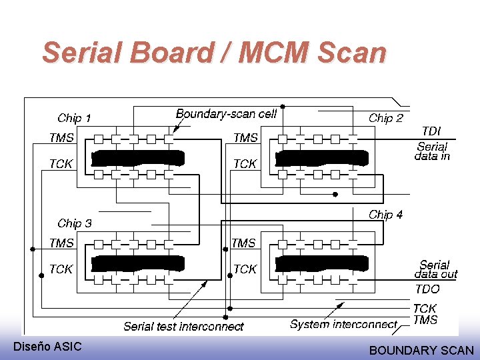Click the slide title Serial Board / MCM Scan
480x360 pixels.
pyautogui.click(x=214, y=52)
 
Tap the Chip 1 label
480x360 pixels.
pyautogui.click(x=74, y=118)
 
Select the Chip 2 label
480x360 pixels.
pyautogui.click(x=385, y=118)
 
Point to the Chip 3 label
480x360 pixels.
pyautogui.click(x=74, y=223)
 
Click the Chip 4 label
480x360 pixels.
pyautogui.click(x=385, y=215)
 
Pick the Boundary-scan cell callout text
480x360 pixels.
pyautogui.click(x=226, y=114)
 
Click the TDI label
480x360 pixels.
pyautogui.click(x=431, y=132)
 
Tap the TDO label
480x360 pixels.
pyautogui.click(x=427, y=289)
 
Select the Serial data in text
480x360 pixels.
pyautogui.click(x=432, y=151)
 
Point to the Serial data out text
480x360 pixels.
pyautogui.click(x=436, y=269)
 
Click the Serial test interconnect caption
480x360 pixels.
pyautogui.click(x=183, y=327)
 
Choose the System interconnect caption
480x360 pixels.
pyautogui.click(x=343, y=325)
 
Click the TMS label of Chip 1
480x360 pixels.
pyautogui.click(x=61, y=138)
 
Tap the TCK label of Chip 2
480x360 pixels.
pyautogui.click(x=245, y=163)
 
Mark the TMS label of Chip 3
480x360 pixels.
pyautogui.click(x=61, y=243)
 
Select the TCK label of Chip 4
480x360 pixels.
pyautogui.click(x=245, y=269)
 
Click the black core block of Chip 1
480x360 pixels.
pyautogui.click(x=137, y=158)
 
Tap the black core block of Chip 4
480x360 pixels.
pyautogui.click(x=321, y=263)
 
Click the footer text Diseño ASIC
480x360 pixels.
pyautogui.click(x=47, y=346)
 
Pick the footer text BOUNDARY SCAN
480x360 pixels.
pyautogui.click(x=421, y=350)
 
